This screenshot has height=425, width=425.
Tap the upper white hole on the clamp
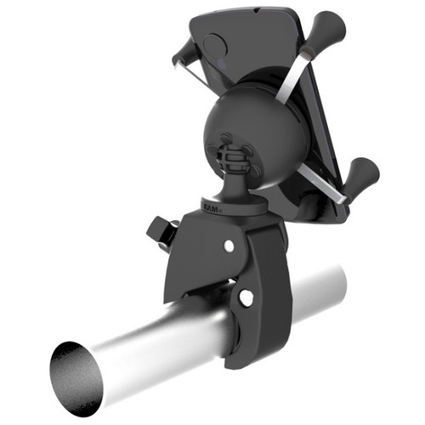[x=228, y=246]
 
